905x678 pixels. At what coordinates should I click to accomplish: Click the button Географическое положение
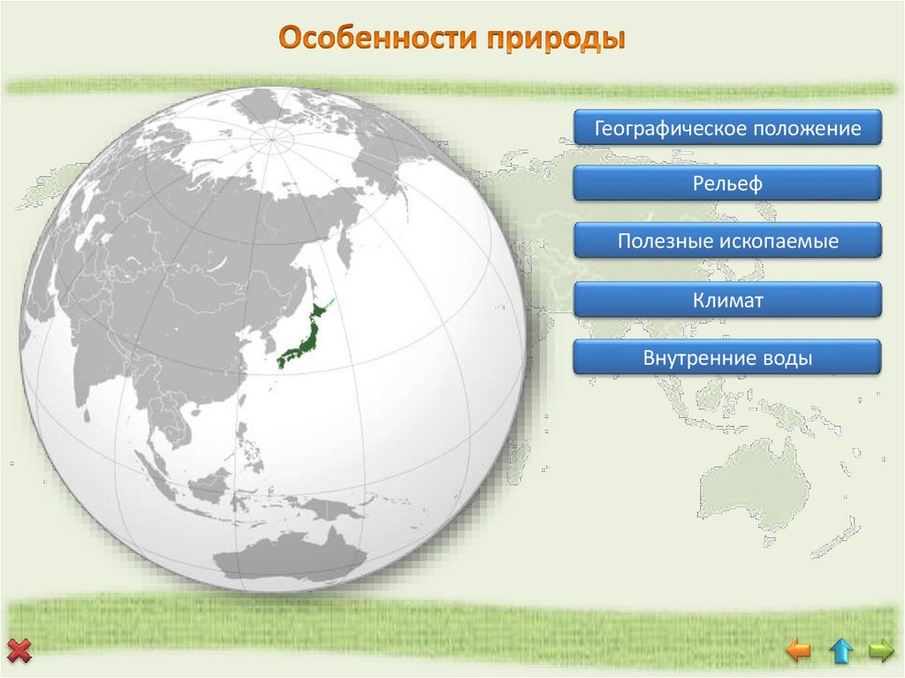[x=726, y=129]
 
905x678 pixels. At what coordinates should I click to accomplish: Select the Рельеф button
[x=726, y=185]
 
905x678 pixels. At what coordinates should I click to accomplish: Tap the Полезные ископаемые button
[x=726, y=240]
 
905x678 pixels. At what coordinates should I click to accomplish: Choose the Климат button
[x=726, y=301]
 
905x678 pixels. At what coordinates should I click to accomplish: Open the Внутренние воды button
[x=726, y=359]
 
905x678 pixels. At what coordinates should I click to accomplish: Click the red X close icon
[x=19, y=652]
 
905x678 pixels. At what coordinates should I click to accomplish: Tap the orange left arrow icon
[x=798, y=652]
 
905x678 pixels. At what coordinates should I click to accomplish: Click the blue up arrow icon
[x=840, y=652]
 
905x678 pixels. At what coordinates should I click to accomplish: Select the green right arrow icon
[x=881, y=652]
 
